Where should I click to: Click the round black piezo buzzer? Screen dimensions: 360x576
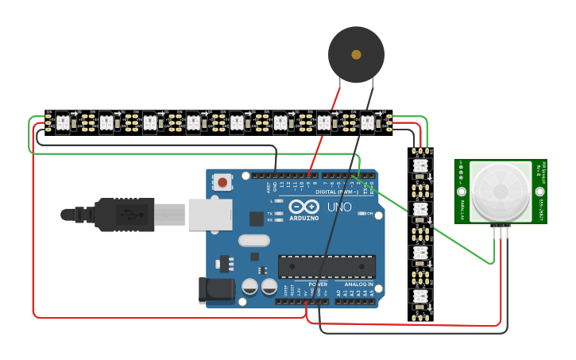point(356,54)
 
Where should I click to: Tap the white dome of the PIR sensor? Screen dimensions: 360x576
point(501,191)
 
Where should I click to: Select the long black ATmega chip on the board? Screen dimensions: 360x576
point(326,267)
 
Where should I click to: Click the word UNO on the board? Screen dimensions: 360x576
point(339,207)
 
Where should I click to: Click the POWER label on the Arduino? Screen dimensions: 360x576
point(317,284)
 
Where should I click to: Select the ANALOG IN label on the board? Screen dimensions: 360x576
point(358,284)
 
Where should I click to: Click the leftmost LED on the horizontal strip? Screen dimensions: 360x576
point(62,122)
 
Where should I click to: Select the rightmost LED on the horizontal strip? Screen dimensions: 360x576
point(367,122)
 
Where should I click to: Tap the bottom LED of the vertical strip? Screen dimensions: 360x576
point(420,296)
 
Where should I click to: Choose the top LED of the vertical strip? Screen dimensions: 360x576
point(420,165)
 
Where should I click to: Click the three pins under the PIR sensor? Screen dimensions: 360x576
point(501,231)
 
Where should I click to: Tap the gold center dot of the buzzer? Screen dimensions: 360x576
point(356,54)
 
